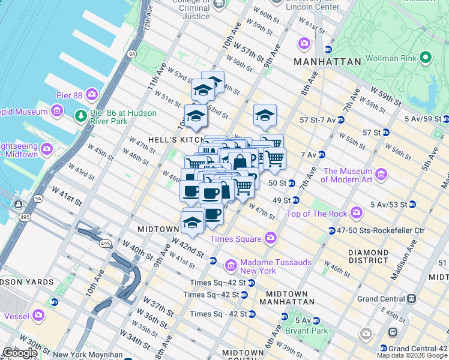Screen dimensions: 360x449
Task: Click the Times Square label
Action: pos(235,239)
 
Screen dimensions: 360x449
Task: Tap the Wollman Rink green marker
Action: pos(426,58)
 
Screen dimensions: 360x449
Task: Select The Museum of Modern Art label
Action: pos(349,175)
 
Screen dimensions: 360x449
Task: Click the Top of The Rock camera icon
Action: pos(357,212)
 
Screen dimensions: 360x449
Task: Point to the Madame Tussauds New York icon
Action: pos(231,265)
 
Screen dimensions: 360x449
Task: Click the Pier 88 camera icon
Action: pos(91,94)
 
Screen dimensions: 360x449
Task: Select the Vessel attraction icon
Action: pos(39,314)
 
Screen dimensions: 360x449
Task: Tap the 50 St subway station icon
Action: pos(292,183)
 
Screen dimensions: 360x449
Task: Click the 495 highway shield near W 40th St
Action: pos(105,244)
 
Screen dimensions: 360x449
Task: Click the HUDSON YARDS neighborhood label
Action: pos(27,282)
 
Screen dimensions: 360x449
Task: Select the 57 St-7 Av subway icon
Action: pos(341,119)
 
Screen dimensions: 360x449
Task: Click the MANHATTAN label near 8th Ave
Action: pos(327,62)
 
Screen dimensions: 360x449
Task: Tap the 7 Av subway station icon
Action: pos(321,154)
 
